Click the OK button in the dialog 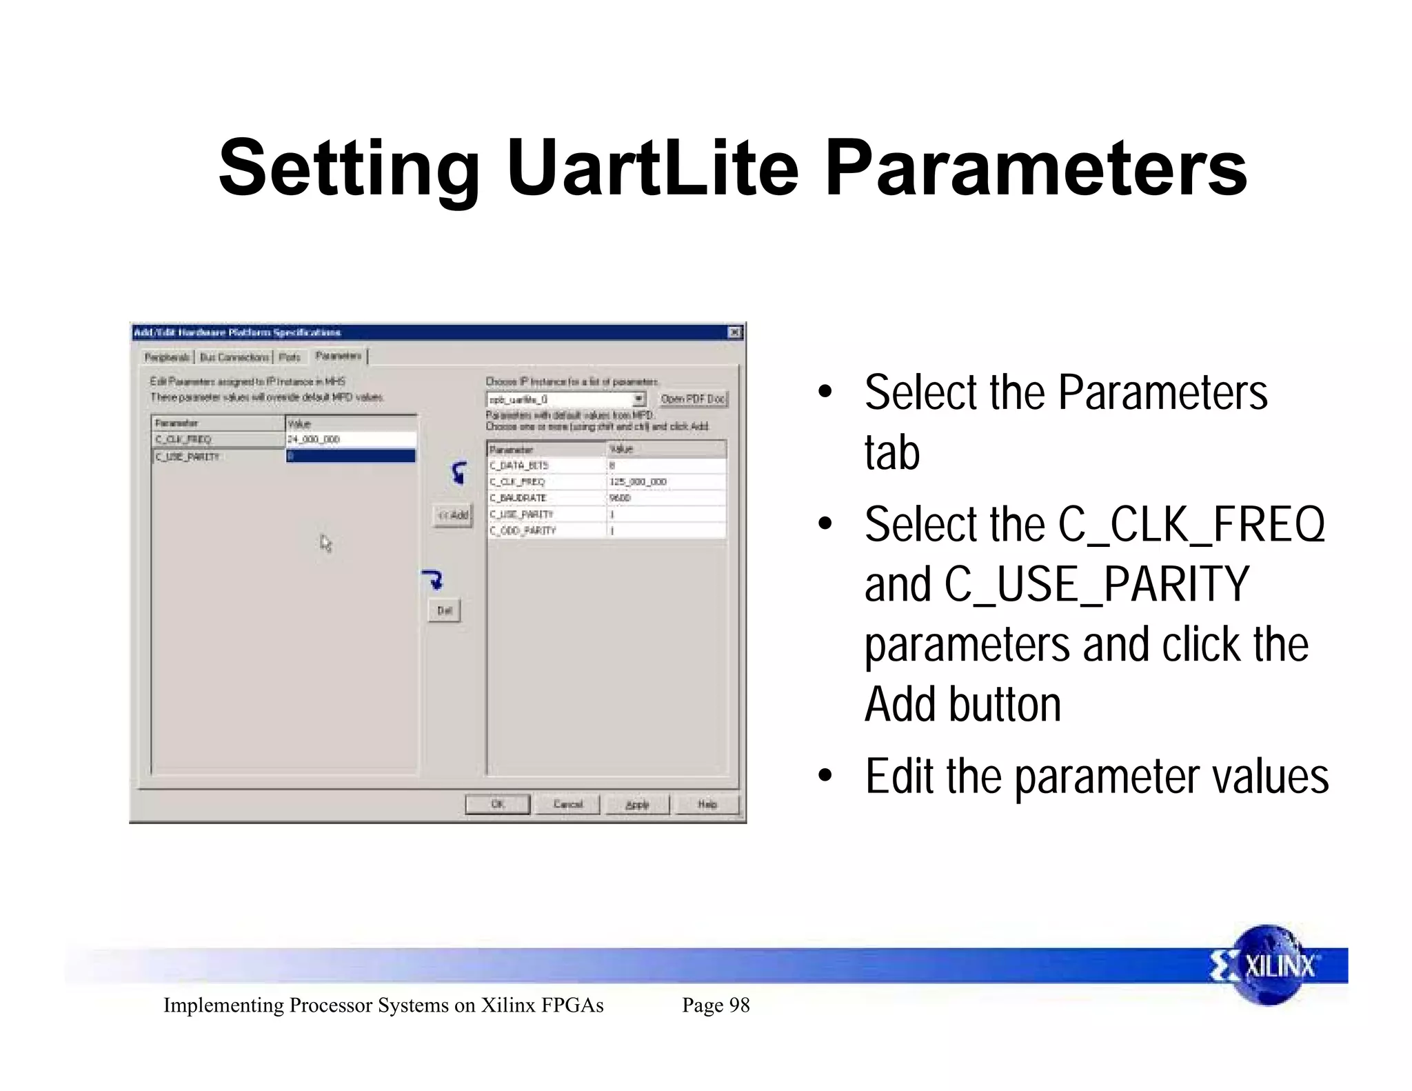coord(497,804)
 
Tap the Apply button coord(637,804)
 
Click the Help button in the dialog coord(707,804)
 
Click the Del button coord(444,610)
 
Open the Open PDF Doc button coord(693,399)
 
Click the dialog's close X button coord(735,332)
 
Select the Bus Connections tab coord(234,357)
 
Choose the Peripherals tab coord(167,357)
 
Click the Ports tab coord(290,357)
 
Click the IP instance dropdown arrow coord(639,399)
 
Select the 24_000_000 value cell coord(350,439)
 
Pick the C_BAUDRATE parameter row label coord(518,498)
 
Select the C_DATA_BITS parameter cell coord(519,466)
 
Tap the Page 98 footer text coord(716,1005)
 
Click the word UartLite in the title coord(652,168)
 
